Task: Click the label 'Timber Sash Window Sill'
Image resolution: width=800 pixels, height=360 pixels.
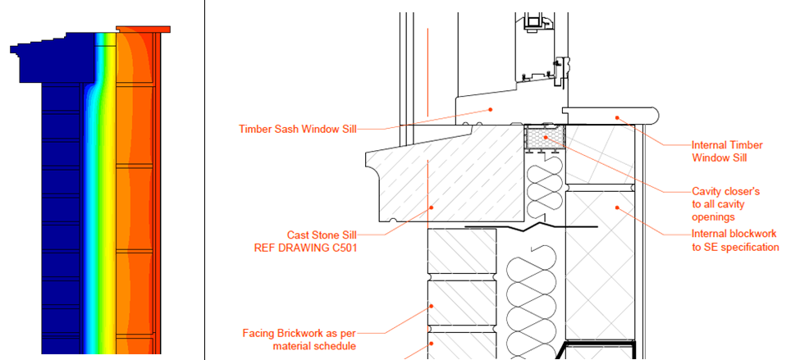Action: (x=297, y=129)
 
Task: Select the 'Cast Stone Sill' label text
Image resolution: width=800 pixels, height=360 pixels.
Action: (x=322, y=235)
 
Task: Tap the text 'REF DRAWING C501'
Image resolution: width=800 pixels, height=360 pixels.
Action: (x=305, y=248)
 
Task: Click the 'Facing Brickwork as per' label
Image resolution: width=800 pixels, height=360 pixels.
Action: (x=299, y=334)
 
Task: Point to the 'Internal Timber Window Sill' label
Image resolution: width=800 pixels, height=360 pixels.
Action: (x=727, y=152)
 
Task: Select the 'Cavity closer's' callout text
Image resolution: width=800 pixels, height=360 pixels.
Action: (x=726, y=192)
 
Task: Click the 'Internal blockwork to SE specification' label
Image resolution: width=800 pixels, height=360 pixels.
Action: (x=734, y=240)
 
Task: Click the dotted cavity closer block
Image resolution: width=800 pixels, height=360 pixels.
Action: (x=545, y=139)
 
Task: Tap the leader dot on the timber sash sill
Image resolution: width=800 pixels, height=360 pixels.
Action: (x=491, y=108)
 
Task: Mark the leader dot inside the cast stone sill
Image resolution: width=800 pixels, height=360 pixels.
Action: (x=431, y=207)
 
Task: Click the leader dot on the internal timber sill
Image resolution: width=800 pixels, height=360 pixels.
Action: (x=616, y=117)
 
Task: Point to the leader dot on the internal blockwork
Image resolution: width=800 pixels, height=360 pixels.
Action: (x=617, y=207)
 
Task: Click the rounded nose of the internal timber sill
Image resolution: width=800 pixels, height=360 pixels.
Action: (x=656, y=116)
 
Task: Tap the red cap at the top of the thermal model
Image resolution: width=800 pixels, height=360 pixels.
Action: (x=143, y=30)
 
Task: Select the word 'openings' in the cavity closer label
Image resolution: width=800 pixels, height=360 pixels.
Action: (x=713, y=216)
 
